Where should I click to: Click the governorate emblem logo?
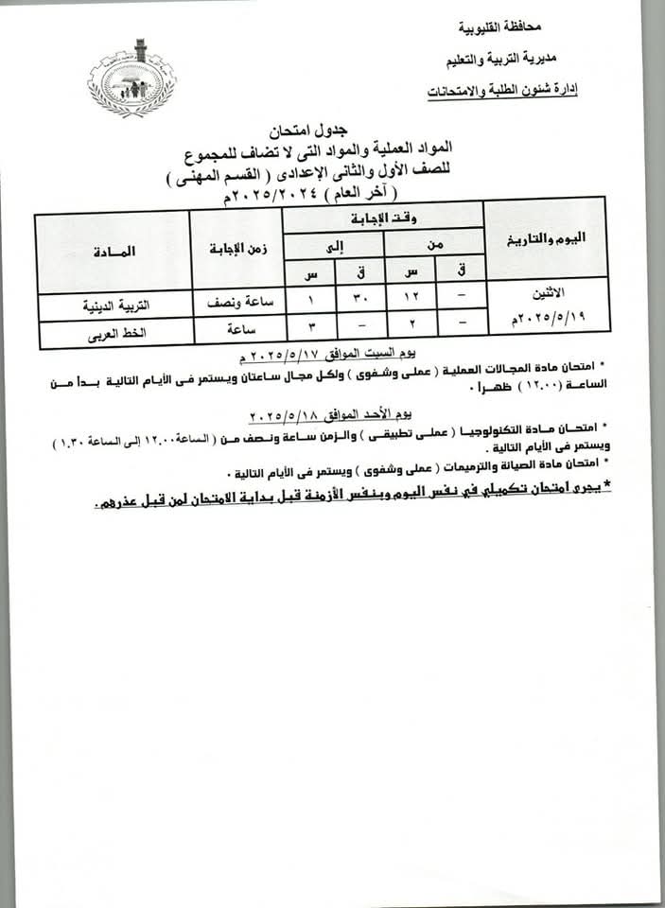pos(131,78)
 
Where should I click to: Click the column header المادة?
pos(114,252)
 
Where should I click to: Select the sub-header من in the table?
pos(434,244)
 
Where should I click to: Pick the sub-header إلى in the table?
pos(334,244)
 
